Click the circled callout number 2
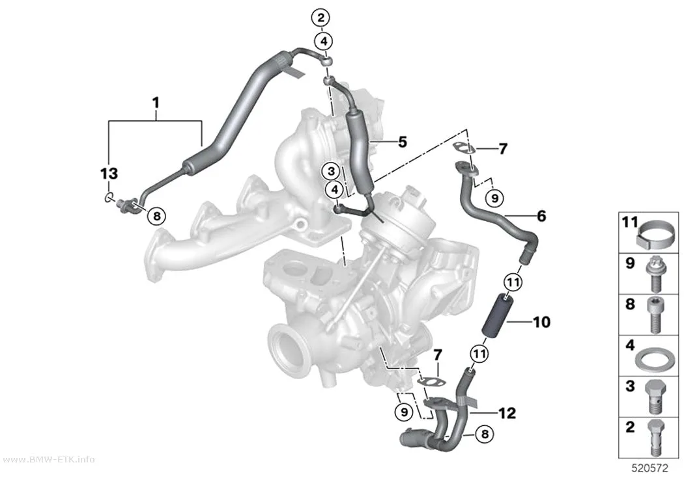[x=321, y=18]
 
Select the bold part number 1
[x=155, y=103]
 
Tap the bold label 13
[x=109, y=174]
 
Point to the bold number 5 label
[x=402, y=142]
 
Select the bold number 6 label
[x=541, y=215]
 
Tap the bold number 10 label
[x=542, y=322]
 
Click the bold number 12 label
[x=507, y=413]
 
